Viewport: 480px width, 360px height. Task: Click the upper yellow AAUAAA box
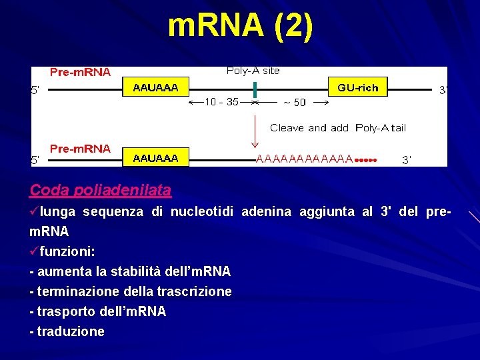click(x=156, y=87)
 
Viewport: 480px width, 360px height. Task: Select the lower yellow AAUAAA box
click(x=156, y=158)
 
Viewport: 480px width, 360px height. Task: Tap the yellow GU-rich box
click(x=357, y=87)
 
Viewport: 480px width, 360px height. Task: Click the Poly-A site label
click(x=253, y=71)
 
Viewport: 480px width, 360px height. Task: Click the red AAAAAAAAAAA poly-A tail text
click(x=304, y=159)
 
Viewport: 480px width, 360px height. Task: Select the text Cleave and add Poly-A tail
click(x=337, y=127)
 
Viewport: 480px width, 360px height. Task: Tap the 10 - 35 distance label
click(x=221, y=102)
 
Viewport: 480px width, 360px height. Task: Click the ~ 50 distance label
click(x=294, y=103)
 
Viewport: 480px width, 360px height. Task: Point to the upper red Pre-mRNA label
click(x=81, y=72)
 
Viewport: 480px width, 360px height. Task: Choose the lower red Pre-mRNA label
click(x=81, y=149)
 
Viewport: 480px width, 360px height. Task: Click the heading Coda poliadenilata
click(x=100, y=190)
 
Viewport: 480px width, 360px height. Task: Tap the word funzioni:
click(x=67, y=252)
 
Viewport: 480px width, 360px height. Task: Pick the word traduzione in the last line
click(x=71, y=331)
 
